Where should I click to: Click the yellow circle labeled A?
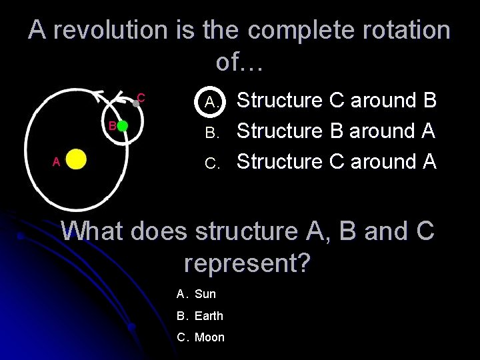click(76, 161)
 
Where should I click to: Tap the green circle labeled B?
click(123, 126)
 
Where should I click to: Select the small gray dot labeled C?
click(135, 103)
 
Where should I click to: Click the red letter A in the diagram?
click(57, 161)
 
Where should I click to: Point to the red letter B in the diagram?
click(112, 125)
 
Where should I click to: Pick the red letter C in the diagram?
click(141, 97)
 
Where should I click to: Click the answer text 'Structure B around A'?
click(336, 131)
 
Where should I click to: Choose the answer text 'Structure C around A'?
click(336, 161)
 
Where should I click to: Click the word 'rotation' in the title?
click(401, 30)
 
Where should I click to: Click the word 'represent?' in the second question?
click(247, 263)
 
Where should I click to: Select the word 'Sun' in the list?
click(205, 294)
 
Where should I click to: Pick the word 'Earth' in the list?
click(209, 315)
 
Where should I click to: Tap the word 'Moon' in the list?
click(209, 337)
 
